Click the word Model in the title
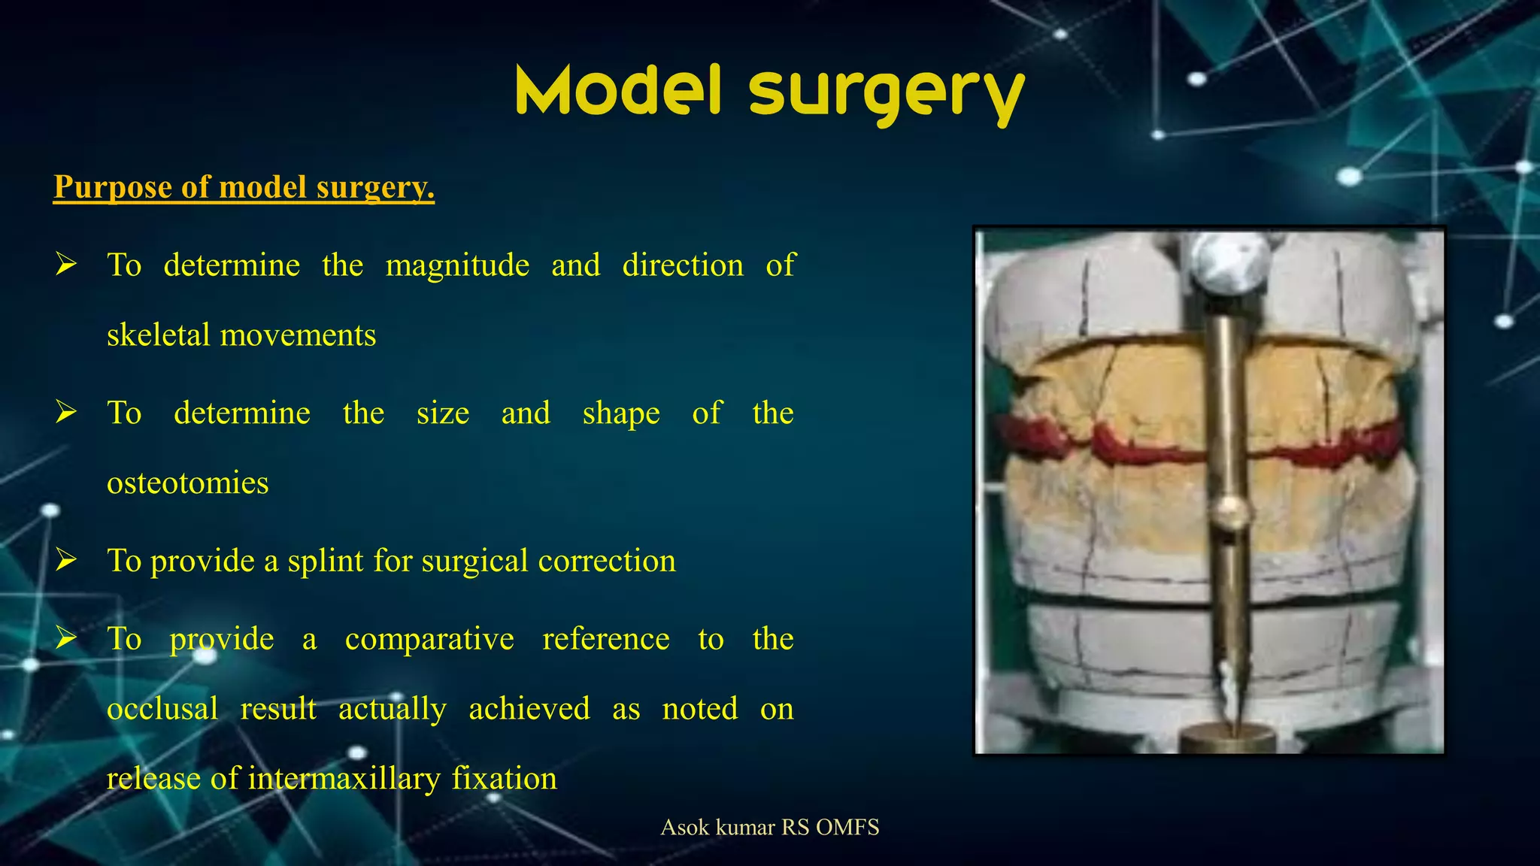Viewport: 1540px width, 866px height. (618, 90)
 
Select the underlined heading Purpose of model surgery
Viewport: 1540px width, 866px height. (244, 186)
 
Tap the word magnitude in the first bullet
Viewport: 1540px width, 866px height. (457, 265)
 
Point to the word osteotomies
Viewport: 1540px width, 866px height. (187, 483)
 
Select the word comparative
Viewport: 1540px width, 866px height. (429, 639)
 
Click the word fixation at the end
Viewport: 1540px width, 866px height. (504, 778)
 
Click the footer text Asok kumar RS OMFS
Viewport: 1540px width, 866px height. (769, 828)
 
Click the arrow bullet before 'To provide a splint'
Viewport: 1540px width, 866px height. (66, 560)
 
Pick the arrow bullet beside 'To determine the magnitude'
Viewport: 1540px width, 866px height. (66, 265)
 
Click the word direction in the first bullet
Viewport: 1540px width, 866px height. (682, 265)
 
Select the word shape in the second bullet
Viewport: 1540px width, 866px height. (621, 413)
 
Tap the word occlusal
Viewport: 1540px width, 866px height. (162, 709)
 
